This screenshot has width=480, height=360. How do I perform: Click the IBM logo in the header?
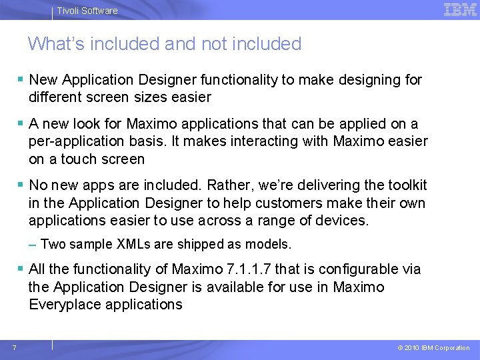[x=460, y=9]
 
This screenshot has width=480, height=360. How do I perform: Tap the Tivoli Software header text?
[x=87, y=11]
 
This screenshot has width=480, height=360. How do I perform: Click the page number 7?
[x=14, y=347]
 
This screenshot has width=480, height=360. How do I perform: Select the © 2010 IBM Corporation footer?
[x=433, y=348]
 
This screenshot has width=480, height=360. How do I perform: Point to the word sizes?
[x=151, y=97]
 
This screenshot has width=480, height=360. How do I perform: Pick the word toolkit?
[x=405, y=185]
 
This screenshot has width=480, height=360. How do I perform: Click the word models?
[x=269, y=245]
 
